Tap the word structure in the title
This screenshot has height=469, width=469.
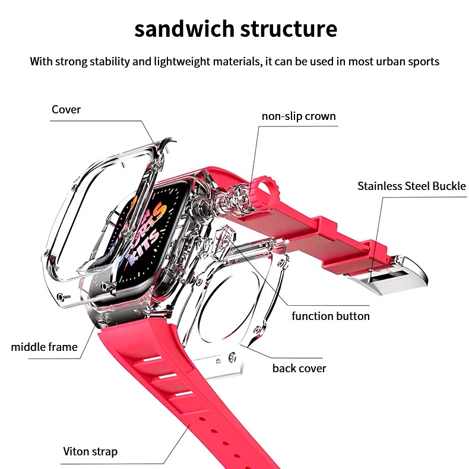[x=292, y=28]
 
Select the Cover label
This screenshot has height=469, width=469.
[x=66, y=109]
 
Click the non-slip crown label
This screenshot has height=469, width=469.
[x=299, y=116]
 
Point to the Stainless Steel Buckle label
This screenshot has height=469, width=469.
[x=411, y=186]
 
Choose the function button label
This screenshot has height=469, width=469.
[x=331, y=316]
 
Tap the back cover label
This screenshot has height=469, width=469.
[x=299, y=368]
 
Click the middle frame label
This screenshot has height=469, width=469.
[x=44, y=347]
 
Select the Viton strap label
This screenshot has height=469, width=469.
[x=90, y=451]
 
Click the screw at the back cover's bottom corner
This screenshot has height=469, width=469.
[x=232, y=360]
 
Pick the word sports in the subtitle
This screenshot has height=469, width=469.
[x=423, y=61]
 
